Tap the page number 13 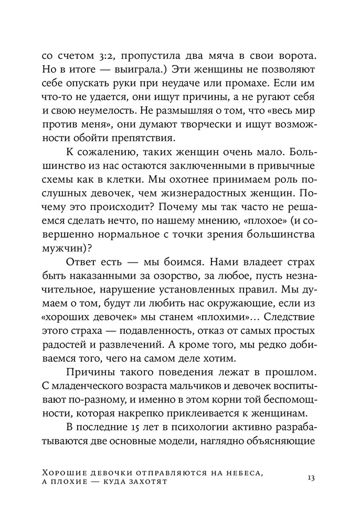(x=311, y=478)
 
